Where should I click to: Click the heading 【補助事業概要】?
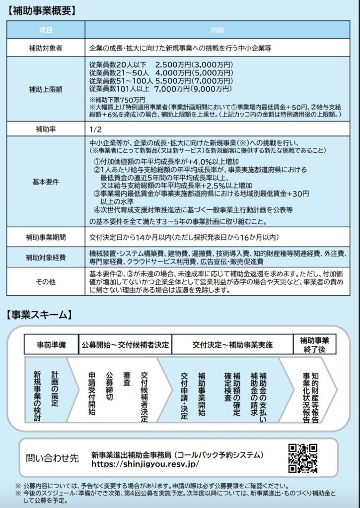[42, 10]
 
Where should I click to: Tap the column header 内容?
[217, 30]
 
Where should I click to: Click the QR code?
[302, 458]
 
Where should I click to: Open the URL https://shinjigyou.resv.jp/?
[145, 464]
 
